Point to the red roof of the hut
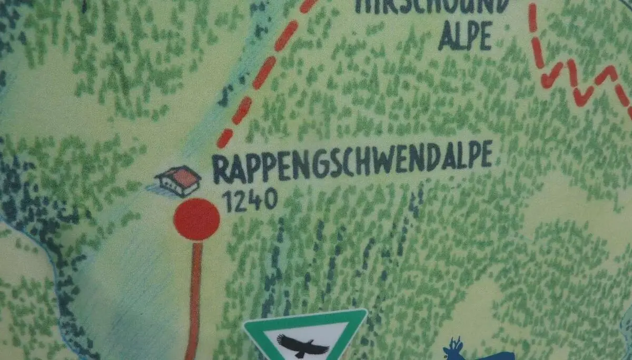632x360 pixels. [x=184, y=177]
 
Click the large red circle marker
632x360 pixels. [x=196, y=219]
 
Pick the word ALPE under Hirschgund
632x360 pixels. [x=465, y=36]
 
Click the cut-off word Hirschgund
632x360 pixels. [x=432, y=5]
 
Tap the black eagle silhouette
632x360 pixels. [x=303, y=345]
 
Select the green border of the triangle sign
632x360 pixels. [x=305, y=314]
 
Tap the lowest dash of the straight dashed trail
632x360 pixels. [x=225, y=138]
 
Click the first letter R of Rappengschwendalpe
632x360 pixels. [x=221, y=169]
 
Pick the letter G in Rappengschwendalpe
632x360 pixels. [x=319, y=165]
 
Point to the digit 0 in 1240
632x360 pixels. [x=271, y=199]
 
